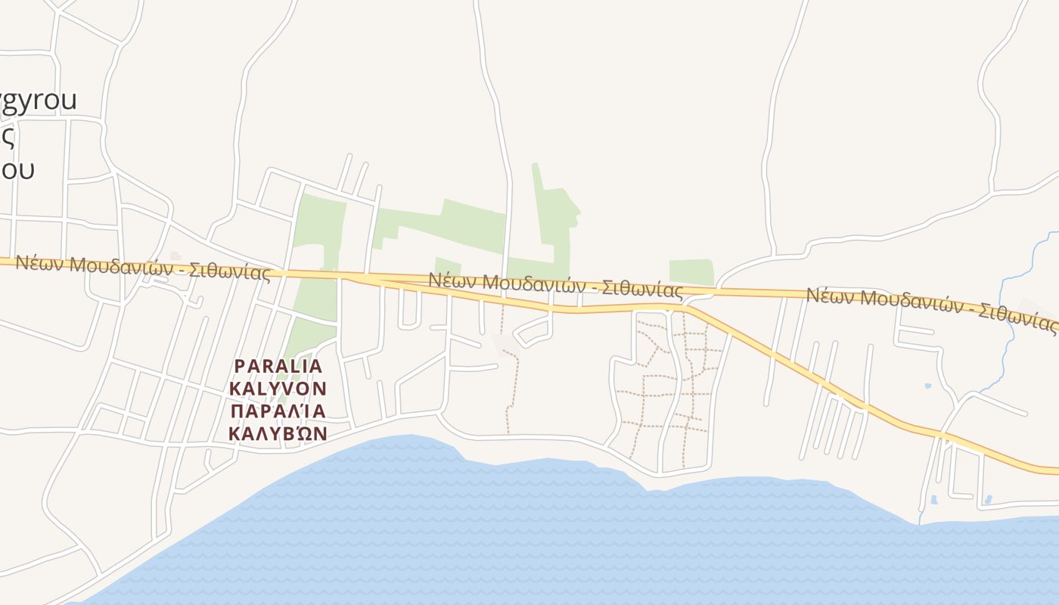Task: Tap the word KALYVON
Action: coord(278,389)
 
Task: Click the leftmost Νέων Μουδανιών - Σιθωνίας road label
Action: coord(143,268)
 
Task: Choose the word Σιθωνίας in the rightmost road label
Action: coord(1017,320)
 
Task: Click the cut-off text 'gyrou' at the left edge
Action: coord(38,100)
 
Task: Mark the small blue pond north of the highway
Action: coord(928,386)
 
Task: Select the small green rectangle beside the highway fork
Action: coord(691,272)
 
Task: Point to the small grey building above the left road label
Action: coord(175,256)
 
